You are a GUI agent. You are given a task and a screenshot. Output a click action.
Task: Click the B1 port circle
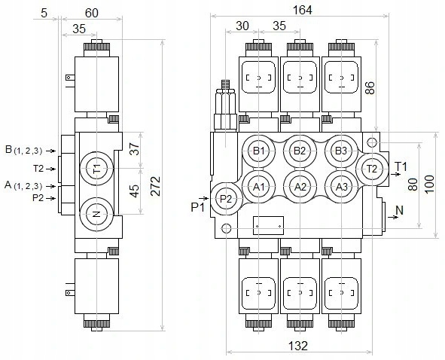pos(258,151)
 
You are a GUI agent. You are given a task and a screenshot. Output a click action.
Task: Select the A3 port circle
pos(341,187)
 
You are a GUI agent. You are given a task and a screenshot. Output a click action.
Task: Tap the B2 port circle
pos(300,151)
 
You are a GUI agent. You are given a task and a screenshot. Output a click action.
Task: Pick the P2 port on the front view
pos(226,199)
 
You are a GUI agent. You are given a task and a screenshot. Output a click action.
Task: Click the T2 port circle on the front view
pos(372,169)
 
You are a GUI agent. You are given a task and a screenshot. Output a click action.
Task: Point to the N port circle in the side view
pos(97,214)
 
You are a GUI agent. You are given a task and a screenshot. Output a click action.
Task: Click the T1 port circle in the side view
pos(97,169)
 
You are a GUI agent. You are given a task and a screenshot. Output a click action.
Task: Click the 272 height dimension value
pos(156,186)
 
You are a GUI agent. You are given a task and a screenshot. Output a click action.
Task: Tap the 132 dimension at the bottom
pos(298,346)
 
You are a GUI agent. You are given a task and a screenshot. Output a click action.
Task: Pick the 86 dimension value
pos(370,87)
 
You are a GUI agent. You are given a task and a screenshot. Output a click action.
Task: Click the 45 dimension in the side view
pos(135,191)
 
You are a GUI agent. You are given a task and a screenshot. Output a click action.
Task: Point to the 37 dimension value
pos(135,148)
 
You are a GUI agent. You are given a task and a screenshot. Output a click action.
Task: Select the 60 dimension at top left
pos(92,13)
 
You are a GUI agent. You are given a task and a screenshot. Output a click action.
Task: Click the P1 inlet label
pos(197,208)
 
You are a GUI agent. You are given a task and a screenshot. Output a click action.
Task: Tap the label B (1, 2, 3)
pos(24,150)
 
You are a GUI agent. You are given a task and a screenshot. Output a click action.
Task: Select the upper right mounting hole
pos(372,142)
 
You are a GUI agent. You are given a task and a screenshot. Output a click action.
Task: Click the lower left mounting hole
pos(226,228)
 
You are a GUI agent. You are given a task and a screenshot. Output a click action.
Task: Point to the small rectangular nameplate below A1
pos(268,226)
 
